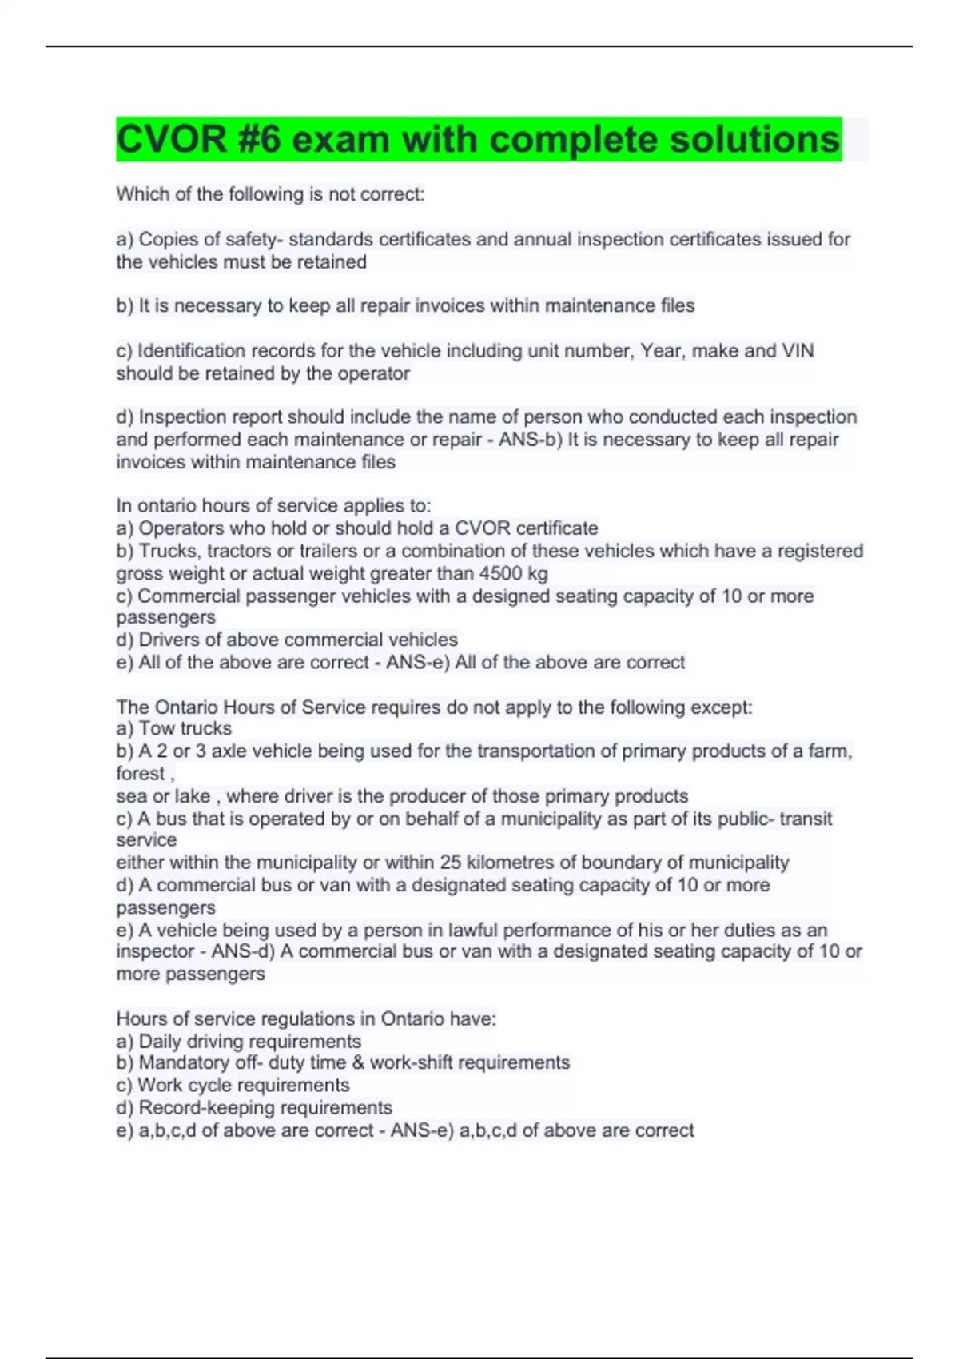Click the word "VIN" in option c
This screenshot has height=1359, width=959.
[798, 351]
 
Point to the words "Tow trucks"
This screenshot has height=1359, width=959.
[185, 728]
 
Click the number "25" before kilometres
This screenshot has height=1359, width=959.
[450, 863]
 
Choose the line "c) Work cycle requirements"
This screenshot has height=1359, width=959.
[233, 1085]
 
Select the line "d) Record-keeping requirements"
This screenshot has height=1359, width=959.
[254, 1107]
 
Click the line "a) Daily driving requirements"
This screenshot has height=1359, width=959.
[239, 1042]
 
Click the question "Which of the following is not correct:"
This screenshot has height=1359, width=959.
[270, 194]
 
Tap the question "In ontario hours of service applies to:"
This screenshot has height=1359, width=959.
[273, 506]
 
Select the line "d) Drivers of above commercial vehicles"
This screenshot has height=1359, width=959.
[287, 640]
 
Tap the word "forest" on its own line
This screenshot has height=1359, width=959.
[141, 774]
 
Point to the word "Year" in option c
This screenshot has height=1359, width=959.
[661, 351]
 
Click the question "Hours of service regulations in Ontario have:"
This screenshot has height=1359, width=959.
[306, 1019]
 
